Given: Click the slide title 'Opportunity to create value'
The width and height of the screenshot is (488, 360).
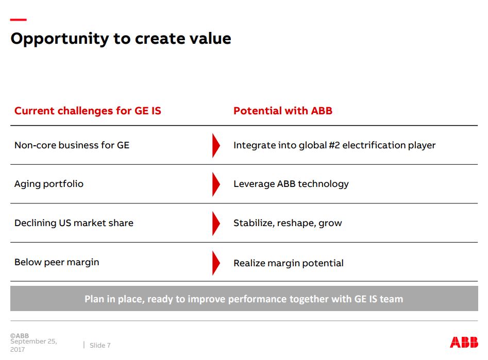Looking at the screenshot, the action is click(121, 39).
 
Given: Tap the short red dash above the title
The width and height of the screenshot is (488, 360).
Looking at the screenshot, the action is click(19, 20).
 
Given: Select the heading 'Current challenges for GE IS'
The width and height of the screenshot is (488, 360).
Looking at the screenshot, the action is click(88, 111).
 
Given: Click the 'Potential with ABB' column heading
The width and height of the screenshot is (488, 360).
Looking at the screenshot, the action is click(283, 111).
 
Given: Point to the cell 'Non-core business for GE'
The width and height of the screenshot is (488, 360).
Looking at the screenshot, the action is click(72, 145).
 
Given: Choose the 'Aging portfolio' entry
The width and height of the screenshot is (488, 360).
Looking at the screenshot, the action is click(49, 184).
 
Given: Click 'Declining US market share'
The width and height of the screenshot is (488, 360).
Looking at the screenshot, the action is click(74, 223).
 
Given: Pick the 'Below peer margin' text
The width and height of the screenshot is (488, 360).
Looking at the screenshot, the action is click(57, 262).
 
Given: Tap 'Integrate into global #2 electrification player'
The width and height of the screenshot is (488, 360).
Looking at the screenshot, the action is click(334, 145).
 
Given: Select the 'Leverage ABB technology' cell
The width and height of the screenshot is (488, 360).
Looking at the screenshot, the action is click(291, 184).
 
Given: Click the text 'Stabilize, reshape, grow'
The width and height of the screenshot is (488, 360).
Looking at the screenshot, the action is click(288, 223).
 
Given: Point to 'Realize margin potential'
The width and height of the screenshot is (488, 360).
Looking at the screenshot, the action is click(289, 263).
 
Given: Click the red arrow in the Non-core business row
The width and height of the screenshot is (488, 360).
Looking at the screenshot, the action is click(216, 146).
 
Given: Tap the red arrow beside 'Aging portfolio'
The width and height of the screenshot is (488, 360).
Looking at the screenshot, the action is click(216, 184).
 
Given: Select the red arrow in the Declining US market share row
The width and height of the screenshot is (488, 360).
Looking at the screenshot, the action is click(216, 224).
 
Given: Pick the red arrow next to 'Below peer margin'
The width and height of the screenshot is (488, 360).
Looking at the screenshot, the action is click(216, 263).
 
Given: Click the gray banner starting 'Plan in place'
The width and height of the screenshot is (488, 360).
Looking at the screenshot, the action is click(244, 299).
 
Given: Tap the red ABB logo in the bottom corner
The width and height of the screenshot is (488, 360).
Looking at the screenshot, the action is click(464, 342).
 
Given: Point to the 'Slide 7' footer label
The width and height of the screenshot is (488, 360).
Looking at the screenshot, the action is click(100, 346).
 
